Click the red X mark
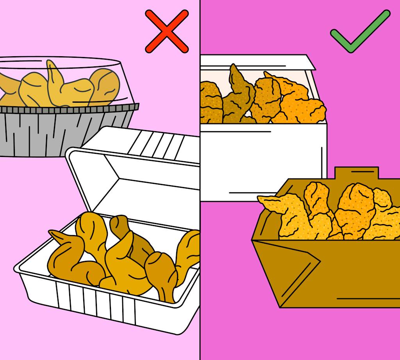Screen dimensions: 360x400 167,32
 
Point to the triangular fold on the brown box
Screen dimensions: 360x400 289,269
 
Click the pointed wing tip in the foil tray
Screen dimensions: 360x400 52,70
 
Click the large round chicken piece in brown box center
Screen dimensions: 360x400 355,207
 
